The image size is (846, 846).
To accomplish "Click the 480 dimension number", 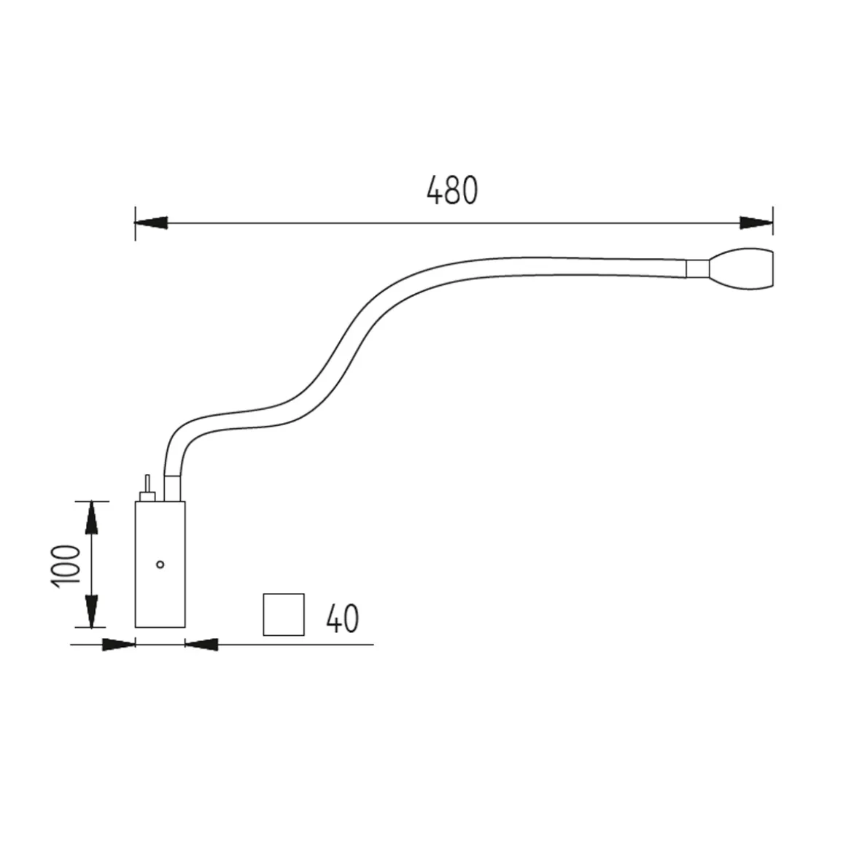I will (451, 191).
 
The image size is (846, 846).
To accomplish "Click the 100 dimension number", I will (65, 564).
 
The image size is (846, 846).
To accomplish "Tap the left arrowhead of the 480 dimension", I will (151, 222).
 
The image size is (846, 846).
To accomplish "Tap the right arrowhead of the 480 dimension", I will (756, 222).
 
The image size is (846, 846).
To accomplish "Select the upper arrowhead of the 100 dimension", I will (91, 519).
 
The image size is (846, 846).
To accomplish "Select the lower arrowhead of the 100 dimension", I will (91, 610).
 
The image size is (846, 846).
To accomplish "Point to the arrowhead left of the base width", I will (118, 644).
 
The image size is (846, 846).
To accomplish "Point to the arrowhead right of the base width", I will (202, 644).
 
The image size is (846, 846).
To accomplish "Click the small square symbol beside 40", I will (283, 615).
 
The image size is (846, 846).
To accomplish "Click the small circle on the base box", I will (160, 564).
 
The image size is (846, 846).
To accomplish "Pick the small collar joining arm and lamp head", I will (696, 269).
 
